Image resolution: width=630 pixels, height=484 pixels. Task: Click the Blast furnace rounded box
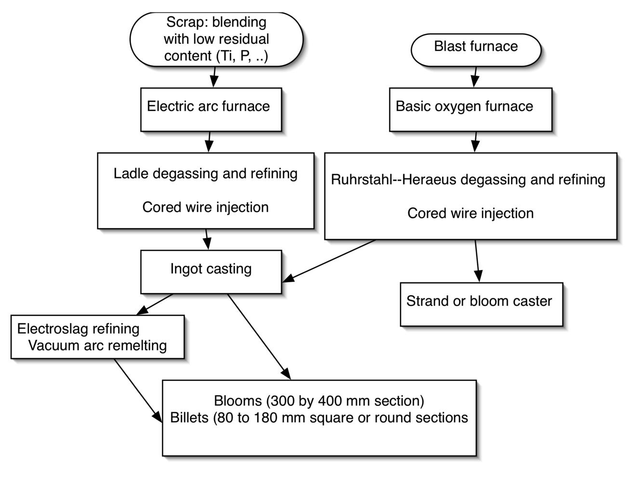476,49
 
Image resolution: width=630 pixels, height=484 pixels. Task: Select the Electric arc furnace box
211,109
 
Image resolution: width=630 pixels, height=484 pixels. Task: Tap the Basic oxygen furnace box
470,109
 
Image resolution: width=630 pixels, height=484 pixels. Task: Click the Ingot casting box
211,271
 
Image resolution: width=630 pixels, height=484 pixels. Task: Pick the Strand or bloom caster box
481,304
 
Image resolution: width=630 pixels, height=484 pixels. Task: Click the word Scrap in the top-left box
182,22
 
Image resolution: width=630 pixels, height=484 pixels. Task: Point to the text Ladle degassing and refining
205,174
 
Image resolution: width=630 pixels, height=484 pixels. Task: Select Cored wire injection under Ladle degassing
205,207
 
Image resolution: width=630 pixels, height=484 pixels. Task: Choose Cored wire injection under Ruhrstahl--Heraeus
470,213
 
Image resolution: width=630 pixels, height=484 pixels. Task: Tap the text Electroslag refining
78,329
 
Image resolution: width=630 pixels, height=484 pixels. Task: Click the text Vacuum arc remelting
97,346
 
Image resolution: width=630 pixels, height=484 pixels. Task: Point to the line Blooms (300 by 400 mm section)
319,401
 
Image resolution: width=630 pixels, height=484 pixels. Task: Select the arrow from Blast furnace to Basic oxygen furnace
475,77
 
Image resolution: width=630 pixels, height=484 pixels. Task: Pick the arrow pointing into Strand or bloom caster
477,260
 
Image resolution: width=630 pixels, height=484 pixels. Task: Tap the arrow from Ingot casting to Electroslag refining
155,304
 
